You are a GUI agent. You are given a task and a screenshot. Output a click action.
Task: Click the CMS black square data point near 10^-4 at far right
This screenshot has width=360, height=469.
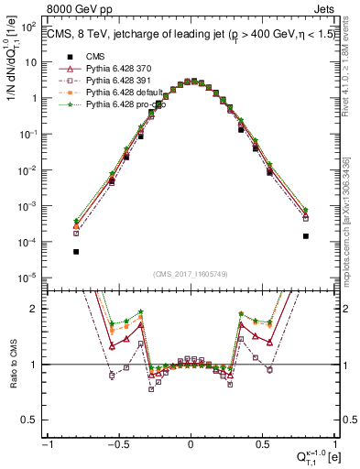point(306,236)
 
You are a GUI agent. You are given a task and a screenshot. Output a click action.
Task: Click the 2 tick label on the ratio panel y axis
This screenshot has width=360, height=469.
point(38,309)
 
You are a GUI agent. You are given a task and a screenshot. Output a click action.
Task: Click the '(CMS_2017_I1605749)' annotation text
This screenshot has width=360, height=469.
point(190,273)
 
